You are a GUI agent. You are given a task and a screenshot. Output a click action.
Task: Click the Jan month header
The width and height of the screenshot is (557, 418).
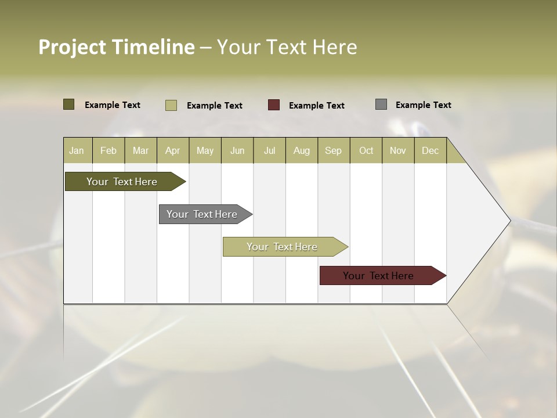77,150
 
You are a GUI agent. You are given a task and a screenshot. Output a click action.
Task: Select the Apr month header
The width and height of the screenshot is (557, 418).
172,150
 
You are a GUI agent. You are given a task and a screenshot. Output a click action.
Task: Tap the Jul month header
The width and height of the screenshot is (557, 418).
269,150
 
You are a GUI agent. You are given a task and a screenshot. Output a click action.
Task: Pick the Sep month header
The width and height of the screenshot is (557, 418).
333,150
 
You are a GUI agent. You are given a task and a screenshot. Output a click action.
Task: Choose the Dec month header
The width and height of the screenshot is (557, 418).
430,150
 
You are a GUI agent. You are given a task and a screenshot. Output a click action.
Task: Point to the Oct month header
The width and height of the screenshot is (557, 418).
366,150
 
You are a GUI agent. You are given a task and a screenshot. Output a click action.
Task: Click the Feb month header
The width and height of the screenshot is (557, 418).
108,150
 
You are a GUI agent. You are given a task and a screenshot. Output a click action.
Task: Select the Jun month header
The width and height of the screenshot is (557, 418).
237,150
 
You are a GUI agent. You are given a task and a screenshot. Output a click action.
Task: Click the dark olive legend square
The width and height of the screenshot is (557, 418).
68,105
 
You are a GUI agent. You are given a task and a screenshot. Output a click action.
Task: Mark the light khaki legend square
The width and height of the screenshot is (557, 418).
171,105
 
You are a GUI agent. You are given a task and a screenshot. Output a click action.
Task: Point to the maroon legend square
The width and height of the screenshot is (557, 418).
274,105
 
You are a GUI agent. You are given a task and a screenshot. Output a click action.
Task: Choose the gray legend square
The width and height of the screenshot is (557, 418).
381,105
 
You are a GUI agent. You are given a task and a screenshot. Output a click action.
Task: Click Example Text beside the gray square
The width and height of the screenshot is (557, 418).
423,105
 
